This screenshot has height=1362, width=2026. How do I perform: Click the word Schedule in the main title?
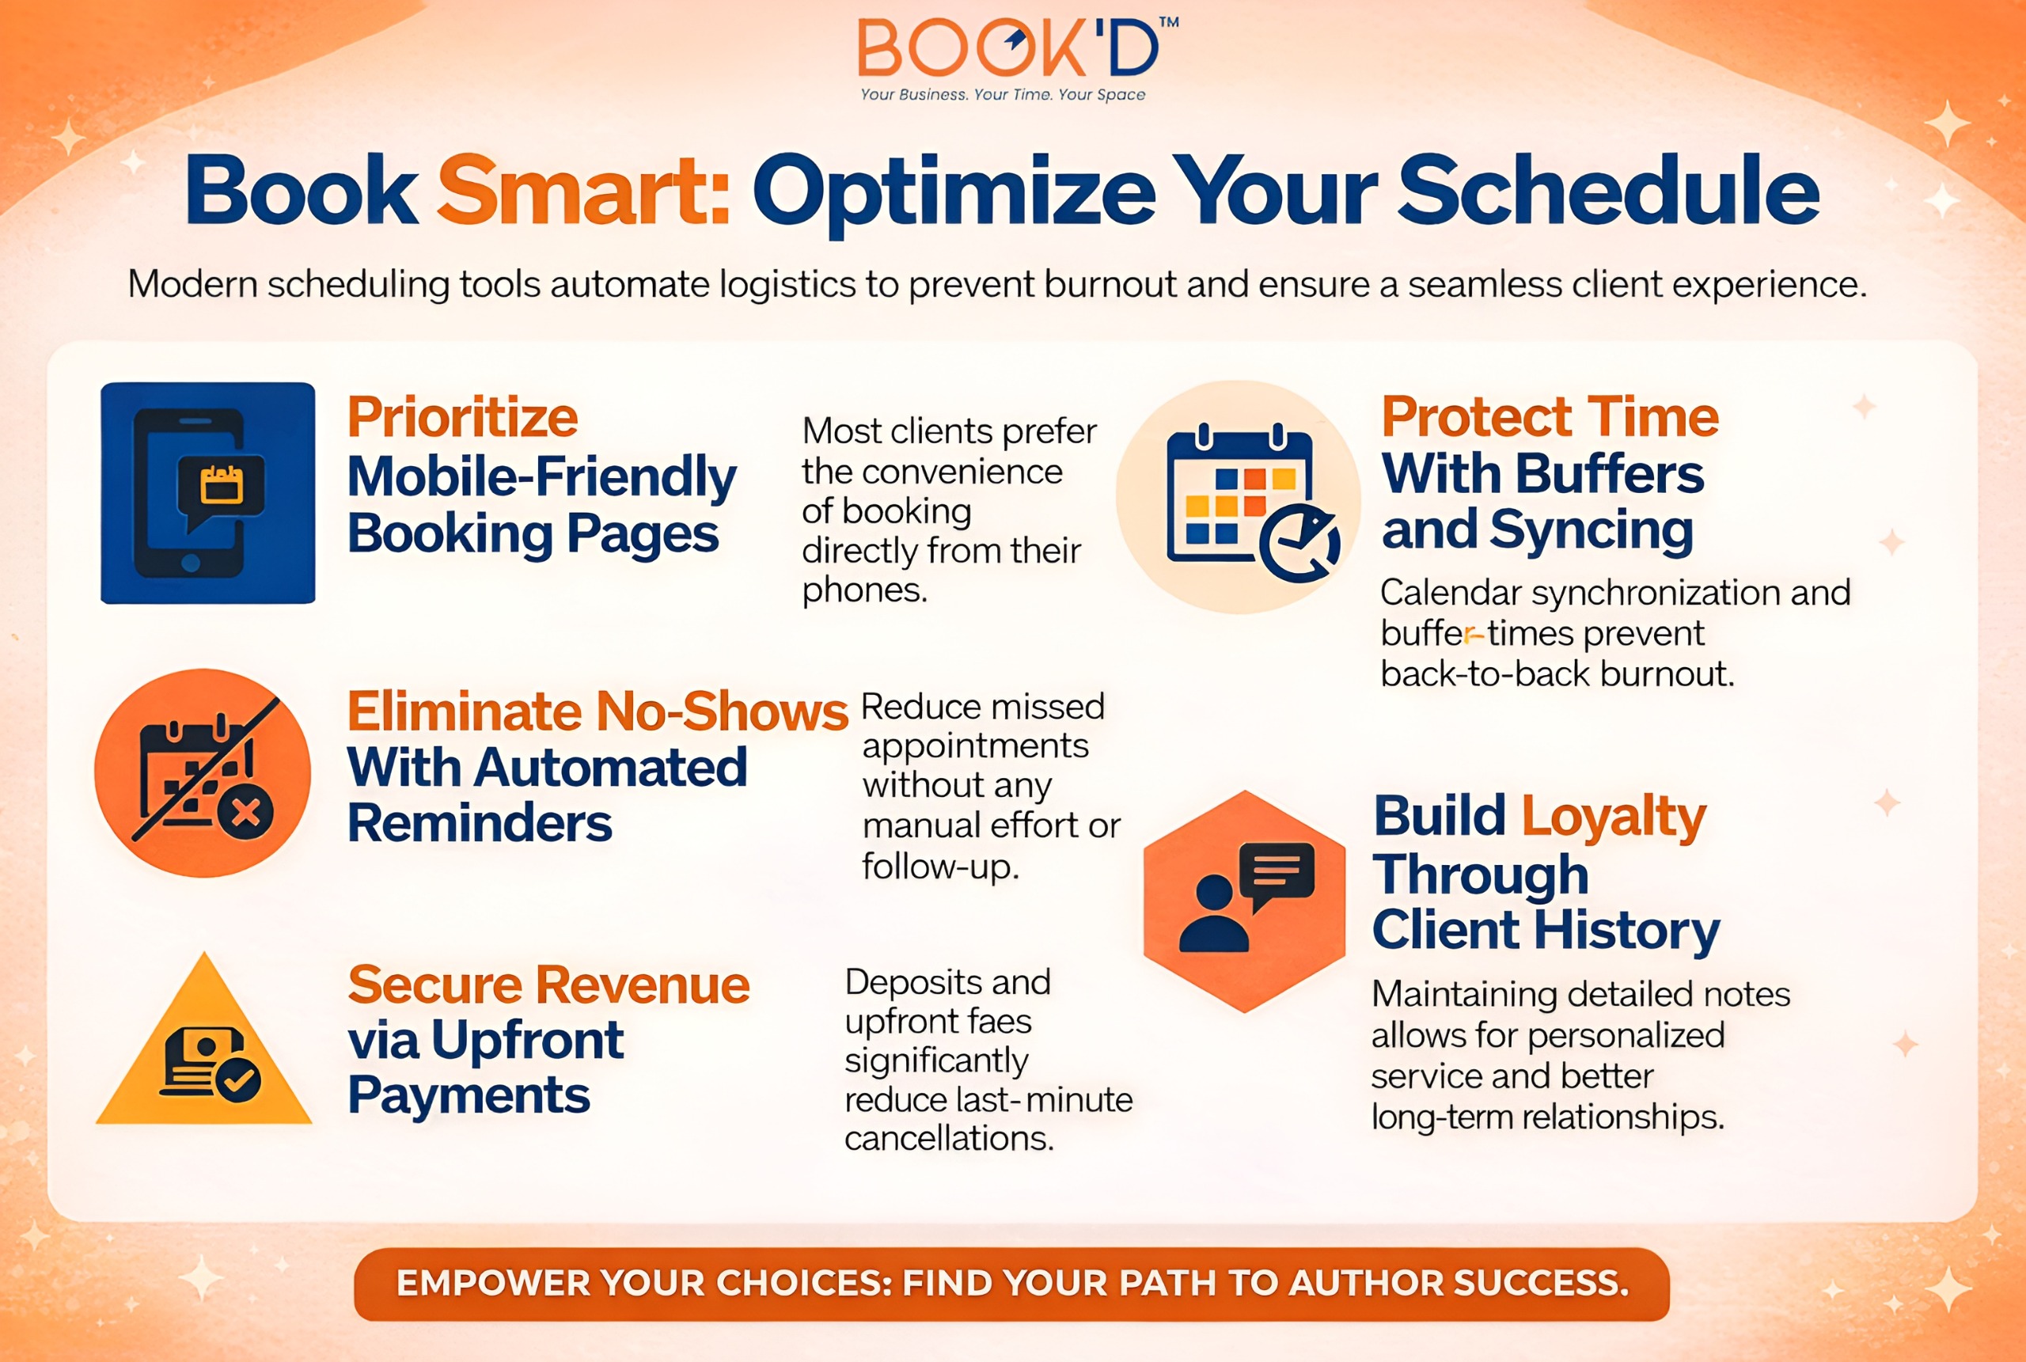[1607, 189]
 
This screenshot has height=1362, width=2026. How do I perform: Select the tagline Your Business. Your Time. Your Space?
[1003, 95]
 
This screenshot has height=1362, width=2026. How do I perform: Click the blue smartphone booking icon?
[207, 492]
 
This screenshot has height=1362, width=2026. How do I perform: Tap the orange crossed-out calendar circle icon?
[203, 772]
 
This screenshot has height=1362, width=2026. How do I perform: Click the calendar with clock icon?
[1238, 497]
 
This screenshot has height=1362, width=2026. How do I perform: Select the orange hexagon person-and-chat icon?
[1244, 901]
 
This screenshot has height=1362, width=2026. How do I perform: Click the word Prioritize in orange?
[463, 417]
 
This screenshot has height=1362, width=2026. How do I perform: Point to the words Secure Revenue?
[548, 985]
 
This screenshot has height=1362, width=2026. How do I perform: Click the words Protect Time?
[1550, 416]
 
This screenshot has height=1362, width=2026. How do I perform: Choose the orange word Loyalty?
[1614, 818]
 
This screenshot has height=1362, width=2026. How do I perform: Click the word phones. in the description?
[865, 590]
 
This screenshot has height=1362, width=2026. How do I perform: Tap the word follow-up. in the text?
[940, 866]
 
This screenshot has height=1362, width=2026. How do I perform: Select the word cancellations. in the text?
[949, 1138]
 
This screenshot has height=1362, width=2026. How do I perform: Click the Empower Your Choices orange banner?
[1011, 1284]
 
